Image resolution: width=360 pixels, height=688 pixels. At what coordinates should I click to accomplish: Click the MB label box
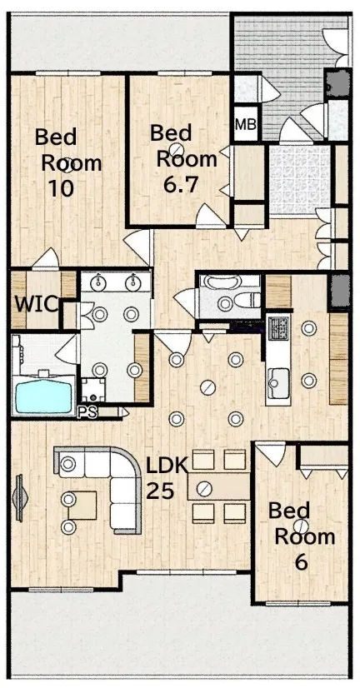click(x=245, y=124)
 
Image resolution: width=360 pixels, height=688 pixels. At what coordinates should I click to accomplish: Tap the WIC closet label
click(x=37, y=304)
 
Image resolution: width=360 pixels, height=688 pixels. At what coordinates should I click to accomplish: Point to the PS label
click(x=87, y=412)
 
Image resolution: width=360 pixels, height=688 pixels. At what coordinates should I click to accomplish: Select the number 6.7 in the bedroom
click(x=181, y=185)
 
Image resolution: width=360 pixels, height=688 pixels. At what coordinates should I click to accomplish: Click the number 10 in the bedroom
click(x=61, y=189)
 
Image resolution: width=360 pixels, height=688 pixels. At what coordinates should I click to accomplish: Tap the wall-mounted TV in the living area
click(x=20, y=498)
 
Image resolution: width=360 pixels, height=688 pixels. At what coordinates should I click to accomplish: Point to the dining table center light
click(x=202, y=488)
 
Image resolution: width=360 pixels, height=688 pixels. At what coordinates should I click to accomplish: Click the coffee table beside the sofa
click(x=82, y=506)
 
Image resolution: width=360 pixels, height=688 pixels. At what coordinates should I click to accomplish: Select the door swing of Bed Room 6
click(x=272, y=453)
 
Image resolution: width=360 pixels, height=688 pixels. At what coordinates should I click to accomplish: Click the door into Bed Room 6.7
click(x=210, y=217)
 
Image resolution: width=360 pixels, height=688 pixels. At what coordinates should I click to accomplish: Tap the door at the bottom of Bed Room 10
click(x=47, y=259)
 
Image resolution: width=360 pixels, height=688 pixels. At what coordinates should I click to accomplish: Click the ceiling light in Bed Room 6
click(x=302, y=526)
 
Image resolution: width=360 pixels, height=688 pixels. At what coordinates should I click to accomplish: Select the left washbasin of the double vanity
click(x=97, y=283)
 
